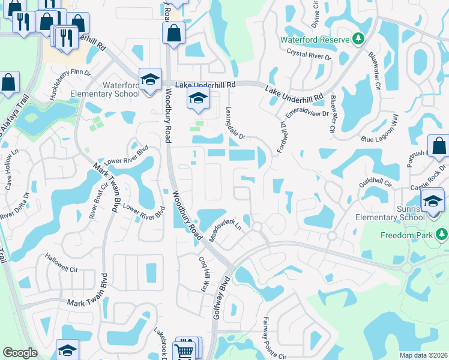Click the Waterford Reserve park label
pos(315,40)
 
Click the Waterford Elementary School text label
pos(105,89)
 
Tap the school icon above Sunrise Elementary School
pos(432,200)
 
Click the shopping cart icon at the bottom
pos(184,350)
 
